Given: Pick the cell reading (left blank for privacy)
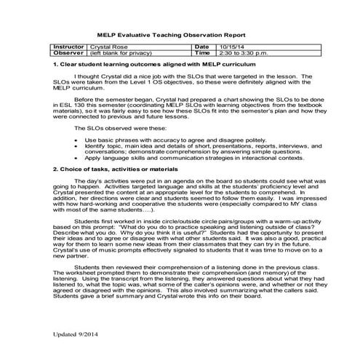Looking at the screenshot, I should (x=121, y=53).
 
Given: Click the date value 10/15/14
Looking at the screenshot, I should (x=239, y=47).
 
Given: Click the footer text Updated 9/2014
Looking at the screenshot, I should (x=75, y=335).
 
